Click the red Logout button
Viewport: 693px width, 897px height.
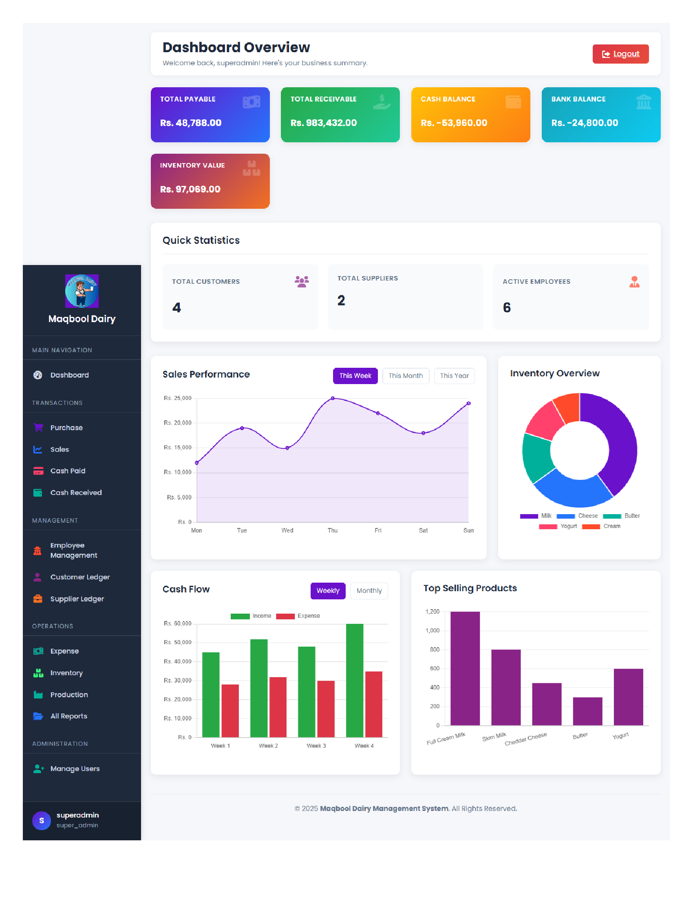coord(620,54)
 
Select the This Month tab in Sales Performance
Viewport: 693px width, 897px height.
coord(405,376)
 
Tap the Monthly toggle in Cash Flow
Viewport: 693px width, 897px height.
coord(369,591)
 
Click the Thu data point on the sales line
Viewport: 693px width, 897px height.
coord(333,398)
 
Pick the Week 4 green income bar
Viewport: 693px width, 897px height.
coord(354,680)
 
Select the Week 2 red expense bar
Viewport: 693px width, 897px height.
coord(278,707)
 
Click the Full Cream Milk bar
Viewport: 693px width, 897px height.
coord(465,668)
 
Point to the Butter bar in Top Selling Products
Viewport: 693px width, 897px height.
coord(587,711)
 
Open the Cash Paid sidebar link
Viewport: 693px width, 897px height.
coord(67,471)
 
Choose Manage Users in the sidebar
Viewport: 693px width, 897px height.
coord(75,769)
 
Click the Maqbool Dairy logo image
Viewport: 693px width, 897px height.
coord(82,291)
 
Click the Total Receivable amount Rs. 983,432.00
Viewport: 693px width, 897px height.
coord(324,123)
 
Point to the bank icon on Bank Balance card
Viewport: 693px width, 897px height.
coord(643,102)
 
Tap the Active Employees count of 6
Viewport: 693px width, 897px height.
coord(507,307)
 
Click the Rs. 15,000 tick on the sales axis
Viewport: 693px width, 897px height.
coord(177,448)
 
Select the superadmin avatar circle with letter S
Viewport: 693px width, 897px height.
coord(42,821)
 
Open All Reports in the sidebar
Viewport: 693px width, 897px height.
coord(68,716)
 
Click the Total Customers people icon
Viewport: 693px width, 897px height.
coord(301,281)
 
